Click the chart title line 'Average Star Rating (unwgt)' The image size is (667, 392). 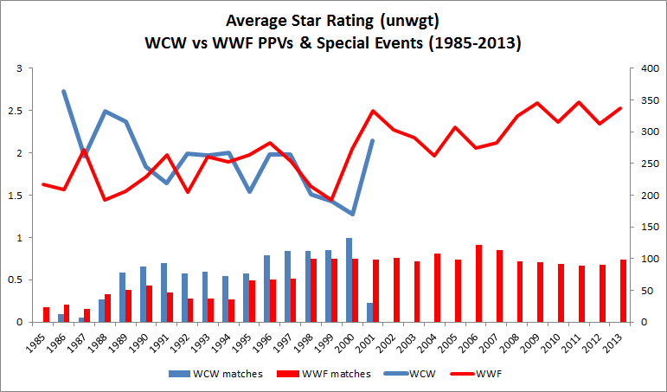(x=333, y=20)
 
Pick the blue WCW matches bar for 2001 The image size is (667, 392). (x=370, y=312)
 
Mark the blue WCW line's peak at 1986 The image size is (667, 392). (x=64, y=91)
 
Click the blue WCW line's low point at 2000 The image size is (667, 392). (x=352, y=214)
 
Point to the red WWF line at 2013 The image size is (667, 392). (x=621, y=108)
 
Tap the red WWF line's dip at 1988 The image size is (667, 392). (x=105, y=200)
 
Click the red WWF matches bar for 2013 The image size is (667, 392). (x=624, y=291)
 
